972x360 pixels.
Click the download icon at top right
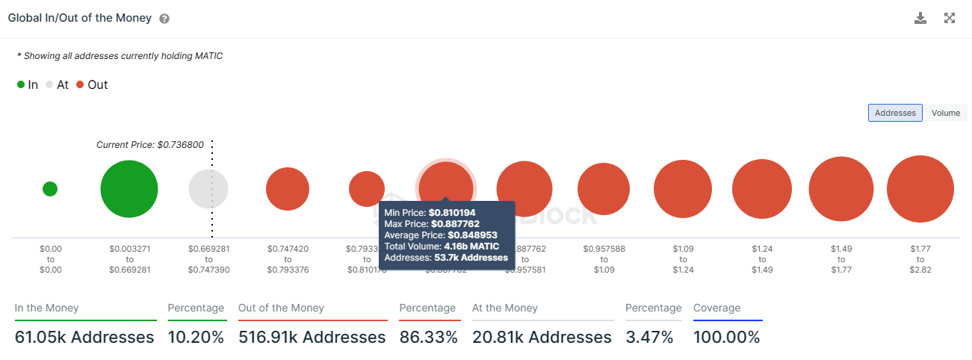[x=920, y=18]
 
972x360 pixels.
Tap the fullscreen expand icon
[x=950, y=18]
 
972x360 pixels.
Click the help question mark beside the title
[x=164, y=19]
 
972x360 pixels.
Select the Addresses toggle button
[x=895, y=113]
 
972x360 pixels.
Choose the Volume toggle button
[x=945, y=113]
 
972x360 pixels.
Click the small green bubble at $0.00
[x=50, y=189]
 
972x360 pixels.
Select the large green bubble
[x=129, y=189]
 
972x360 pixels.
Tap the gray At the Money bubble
[x=208, y=189]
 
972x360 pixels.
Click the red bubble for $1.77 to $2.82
[x=920, y=189]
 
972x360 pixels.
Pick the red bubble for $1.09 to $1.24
[x=682, y=189]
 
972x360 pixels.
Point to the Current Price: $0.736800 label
[x=150, y=145]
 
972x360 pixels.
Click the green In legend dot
[x=21, y=85]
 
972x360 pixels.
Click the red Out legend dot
[x=80, y=85]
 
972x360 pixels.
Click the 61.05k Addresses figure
[x=84, y=338]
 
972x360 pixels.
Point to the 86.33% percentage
[x=428, y=338]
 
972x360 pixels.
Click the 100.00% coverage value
[x=726, y=338]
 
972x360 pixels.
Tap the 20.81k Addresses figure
[x=542, y=338]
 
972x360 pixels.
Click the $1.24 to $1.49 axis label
[x=761, y=258]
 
